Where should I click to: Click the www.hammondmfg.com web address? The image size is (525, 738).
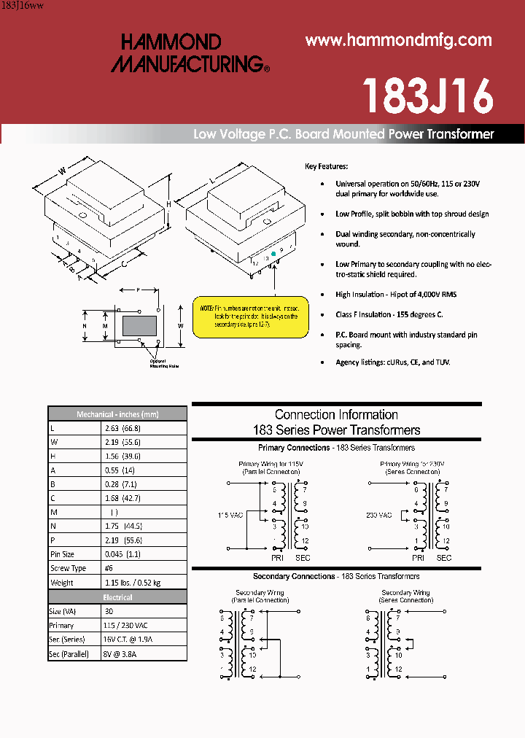[398, 41]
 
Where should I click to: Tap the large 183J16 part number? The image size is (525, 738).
[428, 95]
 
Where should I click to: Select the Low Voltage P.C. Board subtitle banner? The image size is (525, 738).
[343, 134]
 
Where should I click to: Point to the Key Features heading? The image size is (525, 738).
[326, 166]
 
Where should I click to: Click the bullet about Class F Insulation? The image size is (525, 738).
[389, 314]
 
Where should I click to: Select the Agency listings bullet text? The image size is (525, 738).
[392, 362]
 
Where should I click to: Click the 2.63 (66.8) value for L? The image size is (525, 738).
[122, 428]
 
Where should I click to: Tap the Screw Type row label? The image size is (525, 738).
[68, 567]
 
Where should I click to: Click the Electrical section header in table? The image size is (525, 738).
[117, 597]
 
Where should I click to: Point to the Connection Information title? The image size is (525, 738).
[336, 414]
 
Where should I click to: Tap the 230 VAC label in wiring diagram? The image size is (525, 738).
[379, 515]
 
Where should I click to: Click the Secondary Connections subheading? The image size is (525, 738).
[336, 576]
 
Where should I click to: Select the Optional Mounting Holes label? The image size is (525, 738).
[163, 363]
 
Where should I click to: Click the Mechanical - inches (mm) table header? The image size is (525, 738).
[117, 413]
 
